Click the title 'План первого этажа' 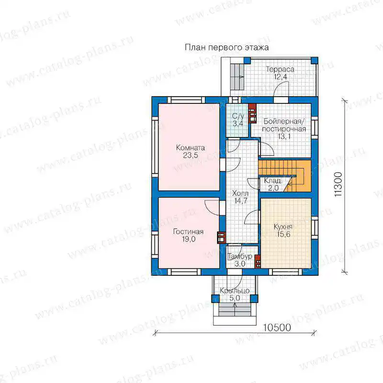226,47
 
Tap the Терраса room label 280,69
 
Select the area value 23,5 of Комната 191,155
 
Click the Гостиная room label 188,232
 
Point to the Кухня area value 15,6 283,234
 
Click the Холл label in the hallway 240,193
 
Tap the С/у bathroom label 238,116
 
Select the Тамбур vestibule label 240,256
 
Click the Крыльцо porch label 235,291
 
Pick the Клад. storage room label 272,181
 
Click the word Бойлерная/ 284,121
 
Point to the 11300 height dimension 338,185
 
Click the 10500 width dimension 277,327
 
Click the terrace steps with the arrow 237,77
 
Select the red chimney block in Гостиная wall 221,237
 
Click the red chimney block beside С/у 252,113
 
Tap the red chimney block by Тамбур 258,261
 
